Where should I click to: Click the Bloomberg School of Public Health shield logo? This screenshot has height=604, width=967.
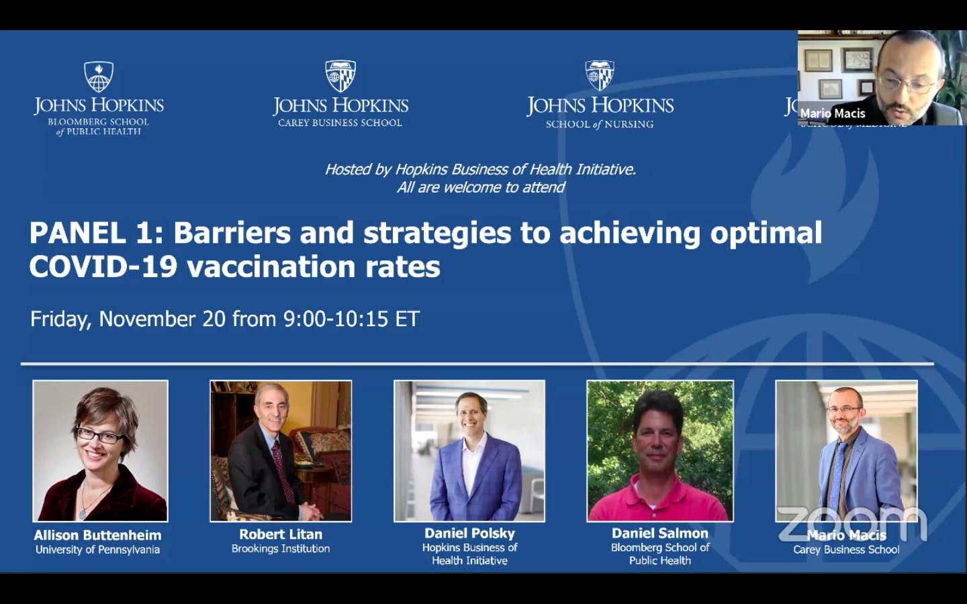pos(99,77)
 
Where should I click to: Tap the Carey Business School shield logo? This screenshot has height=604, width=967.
pos(340,76)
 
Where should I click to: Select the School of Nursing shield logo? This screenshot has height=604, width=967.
pos(599,76)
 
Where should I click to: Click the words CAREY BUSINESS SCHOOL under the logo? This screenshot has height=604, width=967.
pos(340,123)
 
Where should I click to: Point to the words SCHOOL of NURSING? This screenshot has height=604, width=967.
pos(599,124)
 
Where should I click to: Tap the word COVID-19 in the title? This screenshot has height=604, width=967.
pos(103,267)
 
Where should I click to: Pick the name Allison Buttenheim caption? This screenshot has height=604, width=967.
pos(97,535)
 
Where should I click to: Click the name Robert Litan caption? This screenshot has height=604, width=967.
pos(281,534)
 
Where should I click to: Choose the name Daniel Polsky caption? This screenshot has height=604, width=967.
pos(469,533)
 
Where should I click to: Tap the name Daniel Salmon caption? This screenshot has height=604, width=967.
pos(659,533)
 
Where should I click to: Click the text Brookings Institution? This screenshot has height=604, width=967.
pos(281,548)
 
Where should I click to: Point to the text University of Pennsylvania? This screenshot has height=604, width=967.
pos(97,550)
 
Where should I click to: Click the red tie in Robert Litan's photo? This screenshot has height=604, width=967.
pos(283,470)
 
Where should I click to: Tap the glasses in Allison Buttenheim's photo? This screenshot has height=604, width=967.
pos(100,436)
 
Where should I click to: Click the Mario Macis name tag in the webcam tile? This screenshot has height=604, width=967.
pos(832,113)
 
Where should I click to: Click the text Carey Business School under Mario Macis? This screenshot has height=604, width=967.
pos(846,550)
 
